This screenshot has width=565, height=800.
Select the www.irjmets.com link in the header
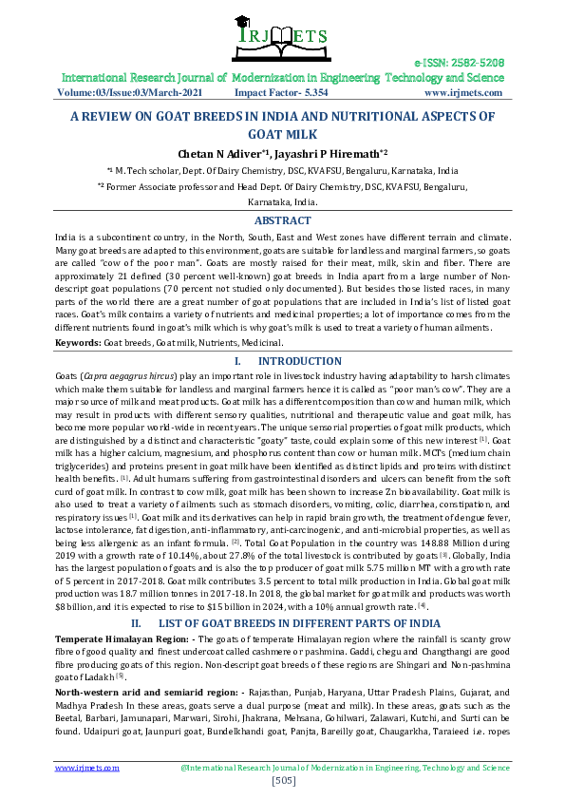[x=462, y=93]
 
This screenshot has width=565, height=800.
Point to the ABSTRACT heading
[x=282, y=219]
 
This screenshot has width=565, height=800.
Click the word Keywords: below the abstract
[x=78, y=341]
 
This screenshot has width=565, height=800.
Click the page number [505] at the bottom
[x=282, y=781]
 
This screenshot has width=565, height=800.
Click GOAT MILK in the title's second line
[x=282, y=134]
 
